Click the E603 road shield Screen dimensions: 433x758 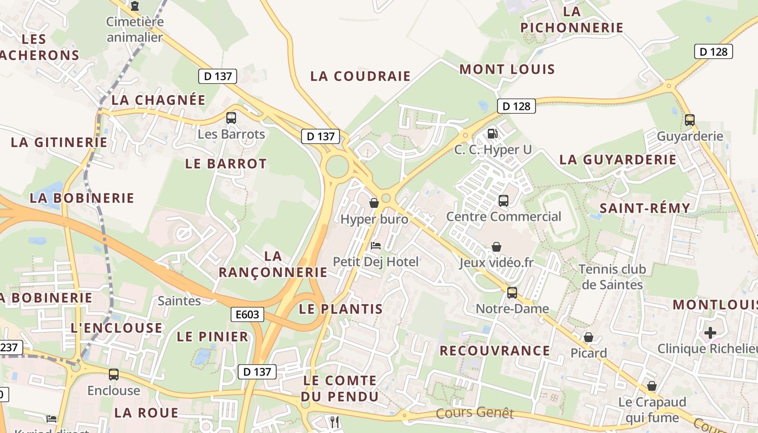coord(247,314)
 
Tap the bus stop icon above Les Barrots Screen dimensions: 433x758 coord(231,117)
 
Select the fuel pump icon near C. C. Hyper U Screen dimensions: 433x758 coord(492,133)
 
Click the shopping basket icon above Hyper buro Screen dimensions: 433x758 coord(374,203)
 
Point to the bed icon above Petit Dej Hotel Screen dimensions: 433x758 coord(375,246)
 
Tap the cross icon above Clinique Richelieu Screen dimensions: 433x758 coord(710,332)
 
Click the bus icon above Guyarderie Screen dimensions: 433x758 coord(689,120)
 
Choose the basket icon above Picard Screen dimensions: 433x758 coord(589,337)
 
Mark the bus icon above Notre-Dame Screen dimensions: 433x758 coord(512,293)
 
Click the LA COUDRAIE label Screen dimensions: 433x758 coord(361,76)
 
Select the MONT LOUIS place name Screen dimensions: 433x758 coord(507,69)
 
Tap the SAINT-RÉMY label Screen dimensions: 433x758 coord(645,208)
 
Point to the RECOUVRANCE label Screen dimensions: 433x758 coord(494,351)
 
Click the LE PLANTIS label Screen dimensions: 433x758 coord(341,309)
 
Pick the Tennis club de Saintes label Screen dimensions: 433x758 coord(612,277)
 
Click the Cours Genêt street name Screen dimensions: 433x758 coord(474,413)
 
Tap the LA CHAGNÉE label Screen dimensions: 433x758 coord(159,100)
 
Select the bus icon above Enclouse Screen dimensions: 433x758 coord(114,374)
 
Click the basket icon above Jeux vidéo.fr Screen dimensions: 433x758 coord(496,247)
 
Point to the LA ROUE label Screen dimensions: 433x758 coord(146,413)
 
